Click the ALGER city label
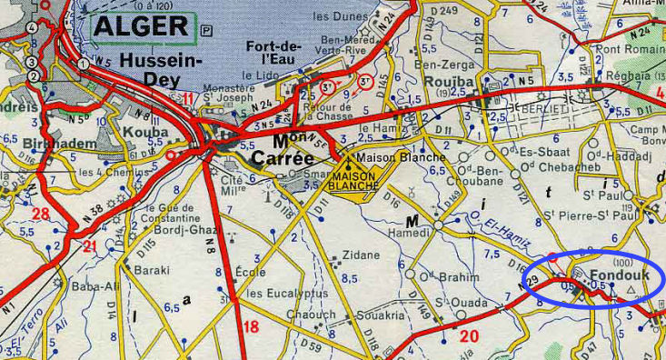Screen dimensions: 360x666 [x=142, y=27]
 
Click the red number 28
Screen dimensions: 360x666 [x=40, y=214]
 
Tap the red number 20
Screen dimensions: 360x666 [x=469, y=337]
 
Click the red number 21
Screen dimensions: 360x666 [x=90, y=246]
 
